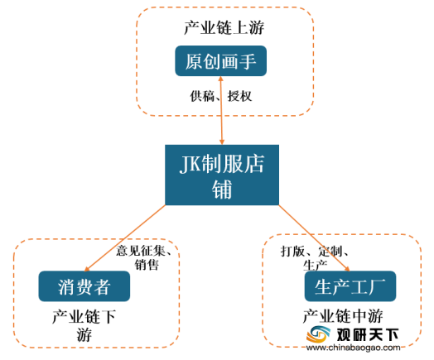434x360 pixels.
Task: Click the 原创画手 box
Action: [220, 61]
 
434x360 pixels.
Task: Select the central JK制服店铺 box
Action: [222, 175]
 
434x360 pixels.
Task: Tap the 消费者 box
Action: [84, 286]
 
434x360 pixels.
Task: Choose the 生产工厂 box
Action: [350, 286]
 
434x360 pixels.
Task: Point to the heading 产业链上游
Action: [224, 27]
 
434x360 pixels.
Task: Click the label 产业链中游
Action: [343, 316]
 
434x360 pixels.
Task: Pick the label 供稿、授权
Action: [221, 96]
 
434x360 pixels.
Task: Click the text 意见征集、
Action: [143, 251]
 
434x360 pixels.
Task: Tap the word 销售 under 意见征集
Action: [147, 265]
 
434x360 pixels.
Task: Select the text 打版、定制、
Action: [315, 252]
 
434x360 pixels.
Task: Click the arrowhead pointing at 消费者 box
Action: [87, 269]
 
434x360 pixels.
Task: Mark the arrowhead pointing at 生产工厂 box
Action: [347, 269]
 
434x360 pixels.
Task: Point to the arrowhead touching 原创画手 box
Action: [220, 79]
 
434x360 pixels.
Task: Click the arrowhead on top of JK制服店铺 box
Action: [221, 142]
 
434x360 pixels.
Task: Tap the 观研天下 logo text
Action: [367, 335]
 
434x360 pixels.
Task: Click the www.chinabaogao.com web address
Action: [353, 348]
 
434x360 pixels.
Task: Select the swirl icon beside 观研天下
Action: [318, 334]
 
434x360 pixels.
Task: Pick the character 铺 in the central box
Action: [222, 190]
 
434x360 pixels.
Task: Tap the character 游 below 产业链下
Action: [84, 334]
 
